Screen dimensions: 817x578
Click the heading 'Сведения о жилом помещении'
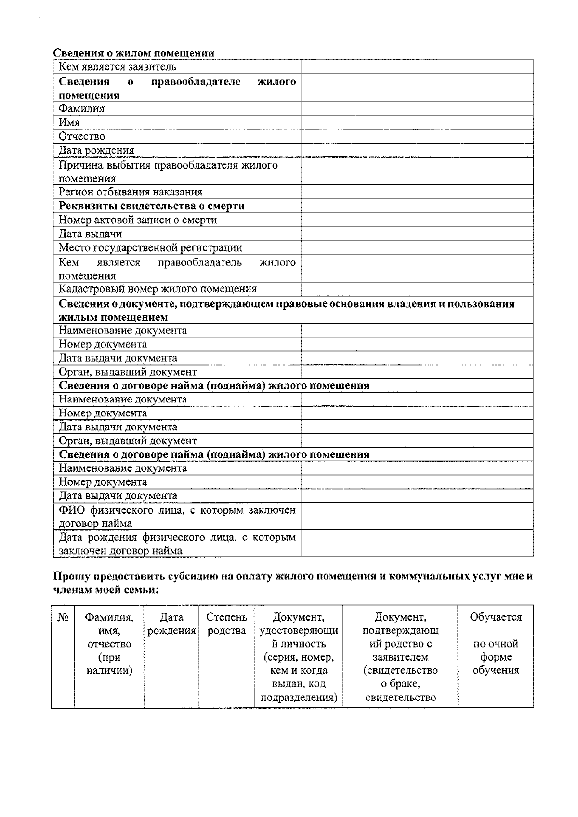(133, 53)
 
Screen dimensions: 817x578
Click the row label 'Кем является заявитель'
(118, 67)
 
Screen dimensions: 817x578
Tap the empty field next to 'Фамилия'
(417, 109)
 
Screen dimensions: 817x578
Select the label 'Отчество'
(82, 137)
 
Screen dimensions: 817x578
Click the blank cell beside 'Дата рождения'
(417, 151)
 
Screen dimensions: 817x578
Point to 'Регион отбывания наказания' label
(131, 192)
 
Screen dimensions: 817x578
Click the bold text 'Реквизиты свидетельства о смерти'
(152, 206)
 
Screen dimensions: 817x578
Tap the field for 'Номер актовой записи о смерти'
(417, 220)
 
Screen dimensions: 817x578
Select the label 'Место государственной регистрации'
(150, 248)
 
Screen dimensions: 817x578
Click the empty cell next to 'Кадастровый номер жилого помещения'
(417, 289)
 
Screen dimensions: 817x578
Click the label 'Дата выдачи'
(91, 234)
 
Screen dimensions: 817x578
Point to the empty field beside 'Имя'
(417, 123)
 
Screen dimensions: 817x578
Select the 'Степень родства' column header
(226, 624)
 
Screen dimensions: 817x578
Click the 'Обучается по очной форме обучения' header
(496, 644)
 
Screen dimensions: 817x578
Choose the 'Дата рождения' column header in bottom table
(171, 624)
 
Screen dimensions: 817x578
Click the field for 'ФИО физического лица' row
(417, 516)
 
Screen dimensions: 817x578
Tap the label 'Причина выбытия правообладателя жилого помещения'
(168, 171)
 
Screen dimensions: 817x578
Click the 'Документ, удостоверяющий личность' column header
(299, 657)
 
